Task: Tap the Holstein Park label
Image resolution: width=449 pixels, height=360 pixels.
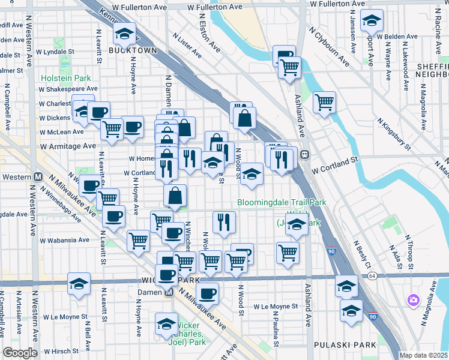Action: pyautogui.click(x=65, y=78)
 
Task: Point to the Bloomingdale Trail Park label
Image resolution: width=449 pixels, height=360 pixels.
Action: pyautogui.click(x=282, y=202)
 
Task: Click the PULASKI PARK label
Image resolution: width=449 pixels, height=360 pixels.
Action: pyautogui.click(x=345, y=345)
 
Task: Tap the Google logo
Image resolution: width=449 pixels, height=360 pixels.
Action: pyautogui.click(x=20, y=353)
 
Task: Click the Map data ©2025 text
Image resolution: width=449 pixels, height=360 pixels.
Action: pyautogui.click(x=424, y=355)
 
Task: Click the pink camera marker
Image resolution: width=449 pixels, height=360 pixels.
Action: pyautogui.click(x=413, y=300)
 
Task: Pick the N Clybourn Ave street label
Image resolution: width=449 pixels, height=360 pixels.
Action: pyautogui.click(x=328, y=46)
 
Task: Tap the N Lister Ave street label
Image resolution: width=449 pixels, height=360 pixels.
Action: pyautogui.click(x=187, y=46)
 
